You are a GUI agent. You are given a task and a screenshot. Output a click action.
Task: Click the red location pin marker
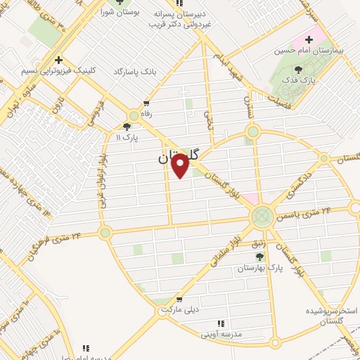pyautogui.click(x=180, y=165)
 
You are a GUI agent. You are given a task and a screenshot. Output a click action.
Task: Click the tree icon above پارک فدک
pyautogui.click(x=298, y=69)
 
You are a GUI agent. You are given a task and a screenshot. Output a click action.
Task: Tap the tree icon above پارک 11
pyautogui.click(x=127, y=127)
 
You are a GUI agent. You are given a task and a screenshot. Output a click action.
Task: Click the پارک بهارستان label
pyautogui.click(x=255, y=269)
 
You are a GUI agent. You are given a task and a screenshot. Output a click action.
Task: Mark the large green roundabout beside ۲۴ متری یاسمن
pyautogui.click(x=262, y=214)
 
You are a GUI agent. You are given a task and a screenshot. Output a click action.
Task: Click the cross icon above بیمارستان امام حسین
pyautogui.click(x=309, y=37)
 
